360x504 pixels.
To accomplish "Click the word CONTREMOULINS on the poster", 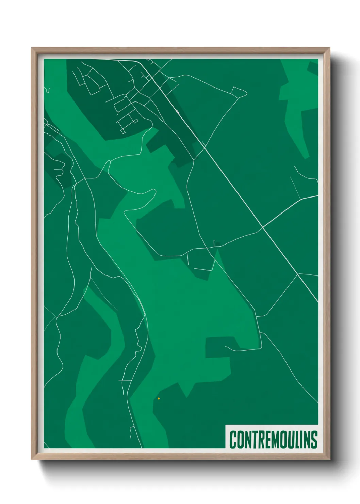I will [273, 440].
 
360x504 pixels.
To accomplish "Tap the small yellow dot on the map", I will [159, 398].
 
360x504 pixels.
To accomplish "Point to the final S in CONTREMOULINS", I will [314, 440].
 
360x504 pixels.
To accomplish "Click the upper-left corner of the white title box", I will [226, 425].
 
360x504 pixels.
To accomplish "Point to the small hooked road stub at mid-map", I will [214, 242].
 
